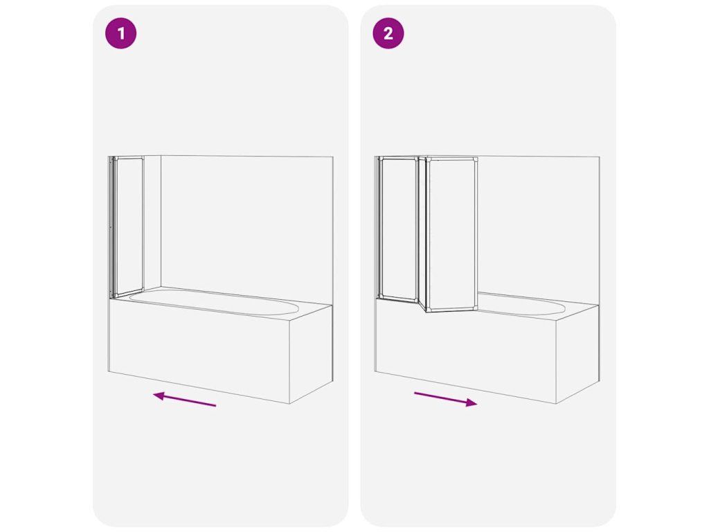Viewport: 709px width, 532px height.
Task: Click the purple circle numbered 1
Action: coord(120,33)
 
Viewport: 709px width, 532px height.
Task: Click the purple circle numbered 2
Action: coord(388,33)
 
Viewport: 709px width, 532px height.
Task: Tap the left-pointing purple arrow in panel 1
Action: coord(184,399)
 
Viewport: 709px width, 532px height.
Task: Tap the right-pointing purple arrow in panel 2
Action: coord(445,400)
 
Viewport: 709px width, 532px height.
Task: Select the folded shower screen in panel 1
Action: coord(127,227)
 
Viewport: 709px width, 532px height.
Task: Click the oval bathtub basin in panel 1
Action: coord(214,303)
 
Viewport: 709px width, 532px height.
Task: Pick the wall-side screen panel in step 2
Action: coord(397,228)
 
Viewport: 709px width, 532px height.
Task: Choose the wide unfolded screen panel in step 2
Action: coord(451,234)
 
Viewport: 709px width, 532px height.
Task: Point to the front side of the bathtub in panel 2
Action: coord(466,353)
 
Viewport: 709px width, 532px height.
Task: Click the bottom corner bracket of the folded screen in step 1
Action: coord(114,295)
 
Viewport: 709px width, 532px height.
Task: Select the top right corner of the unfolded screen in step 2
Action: coord(476,158)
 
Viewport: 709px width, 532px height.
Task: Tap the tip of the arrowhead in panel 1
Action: coord(153,395)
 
